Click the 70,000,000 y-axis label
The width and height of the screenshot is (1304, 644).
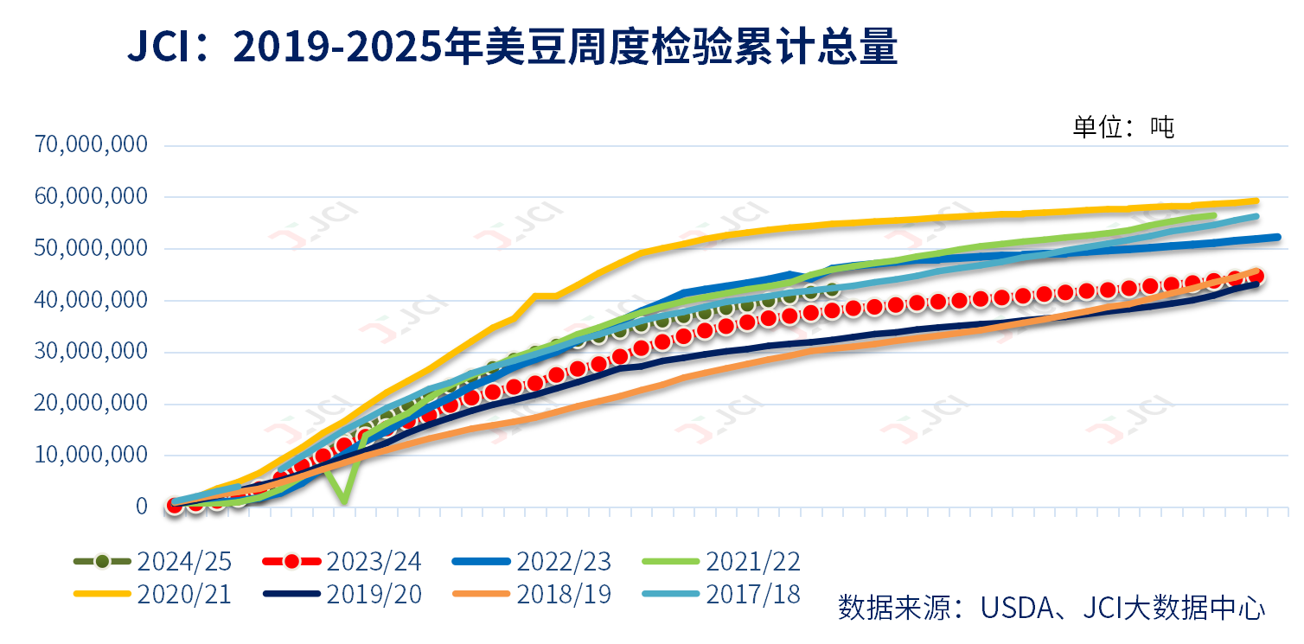pos(91,144)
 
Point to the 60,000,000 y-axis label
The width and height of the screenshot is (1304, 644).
pos(91,196)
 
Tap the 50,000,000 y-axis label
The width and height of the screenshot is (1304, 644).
pos(91,248)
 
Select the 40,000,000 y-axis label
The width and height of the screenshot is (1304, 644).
pos(91,300)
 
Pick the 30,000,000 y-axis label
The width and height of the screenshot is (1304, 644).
pos(91,352)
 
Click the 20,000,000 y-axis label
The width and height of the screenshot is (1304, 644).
pos(91,404)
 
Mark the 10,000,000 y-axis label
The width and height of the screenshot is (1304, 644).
pos(91,455)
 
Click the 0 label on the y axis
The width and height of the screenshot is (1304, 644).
pos(141,507)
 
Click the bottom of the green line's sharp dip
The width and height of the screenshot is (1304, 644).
pos(345,501)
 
